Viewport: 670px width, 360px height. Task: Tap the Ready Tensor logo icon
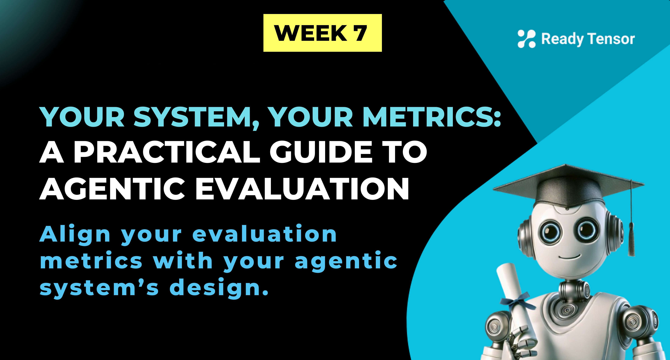point(526,39)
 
